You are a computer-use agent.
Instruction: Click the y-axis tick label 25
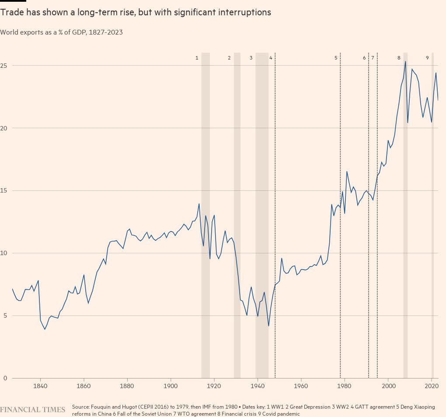(x=4, y=66)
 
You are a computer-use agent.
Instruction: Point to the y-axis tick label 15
(x=4, y=191)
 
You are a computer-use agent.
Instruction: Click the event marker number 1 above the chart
(x=197, y=58)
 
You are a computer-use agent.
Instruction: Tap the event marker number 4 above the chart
(x=271, y=58)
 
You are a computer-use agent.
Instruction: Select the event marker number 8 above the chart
(x=399, y=58)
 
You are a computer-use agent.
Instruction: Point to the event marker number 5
(x=336, y=58)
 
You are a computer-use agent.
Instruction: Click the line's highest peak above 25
(x=405, y=61)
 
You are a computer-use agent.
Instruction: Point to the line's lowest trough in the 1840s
(x=45, y=329)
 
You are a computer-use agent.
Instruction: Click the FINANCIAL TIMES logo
(x=32, y=410)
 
